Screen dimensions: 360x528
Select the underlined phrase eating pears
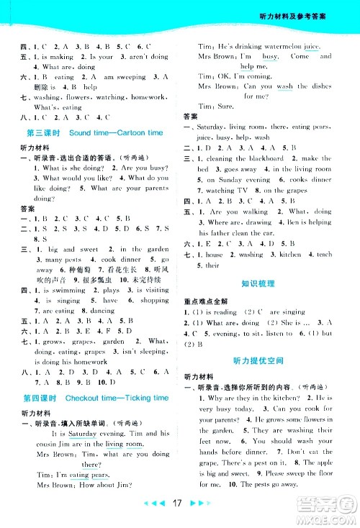pyautogui.click(x=91, y=475)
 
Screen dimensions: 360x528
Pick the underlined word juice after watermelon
pyautogui.click(x=312, y=45)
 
